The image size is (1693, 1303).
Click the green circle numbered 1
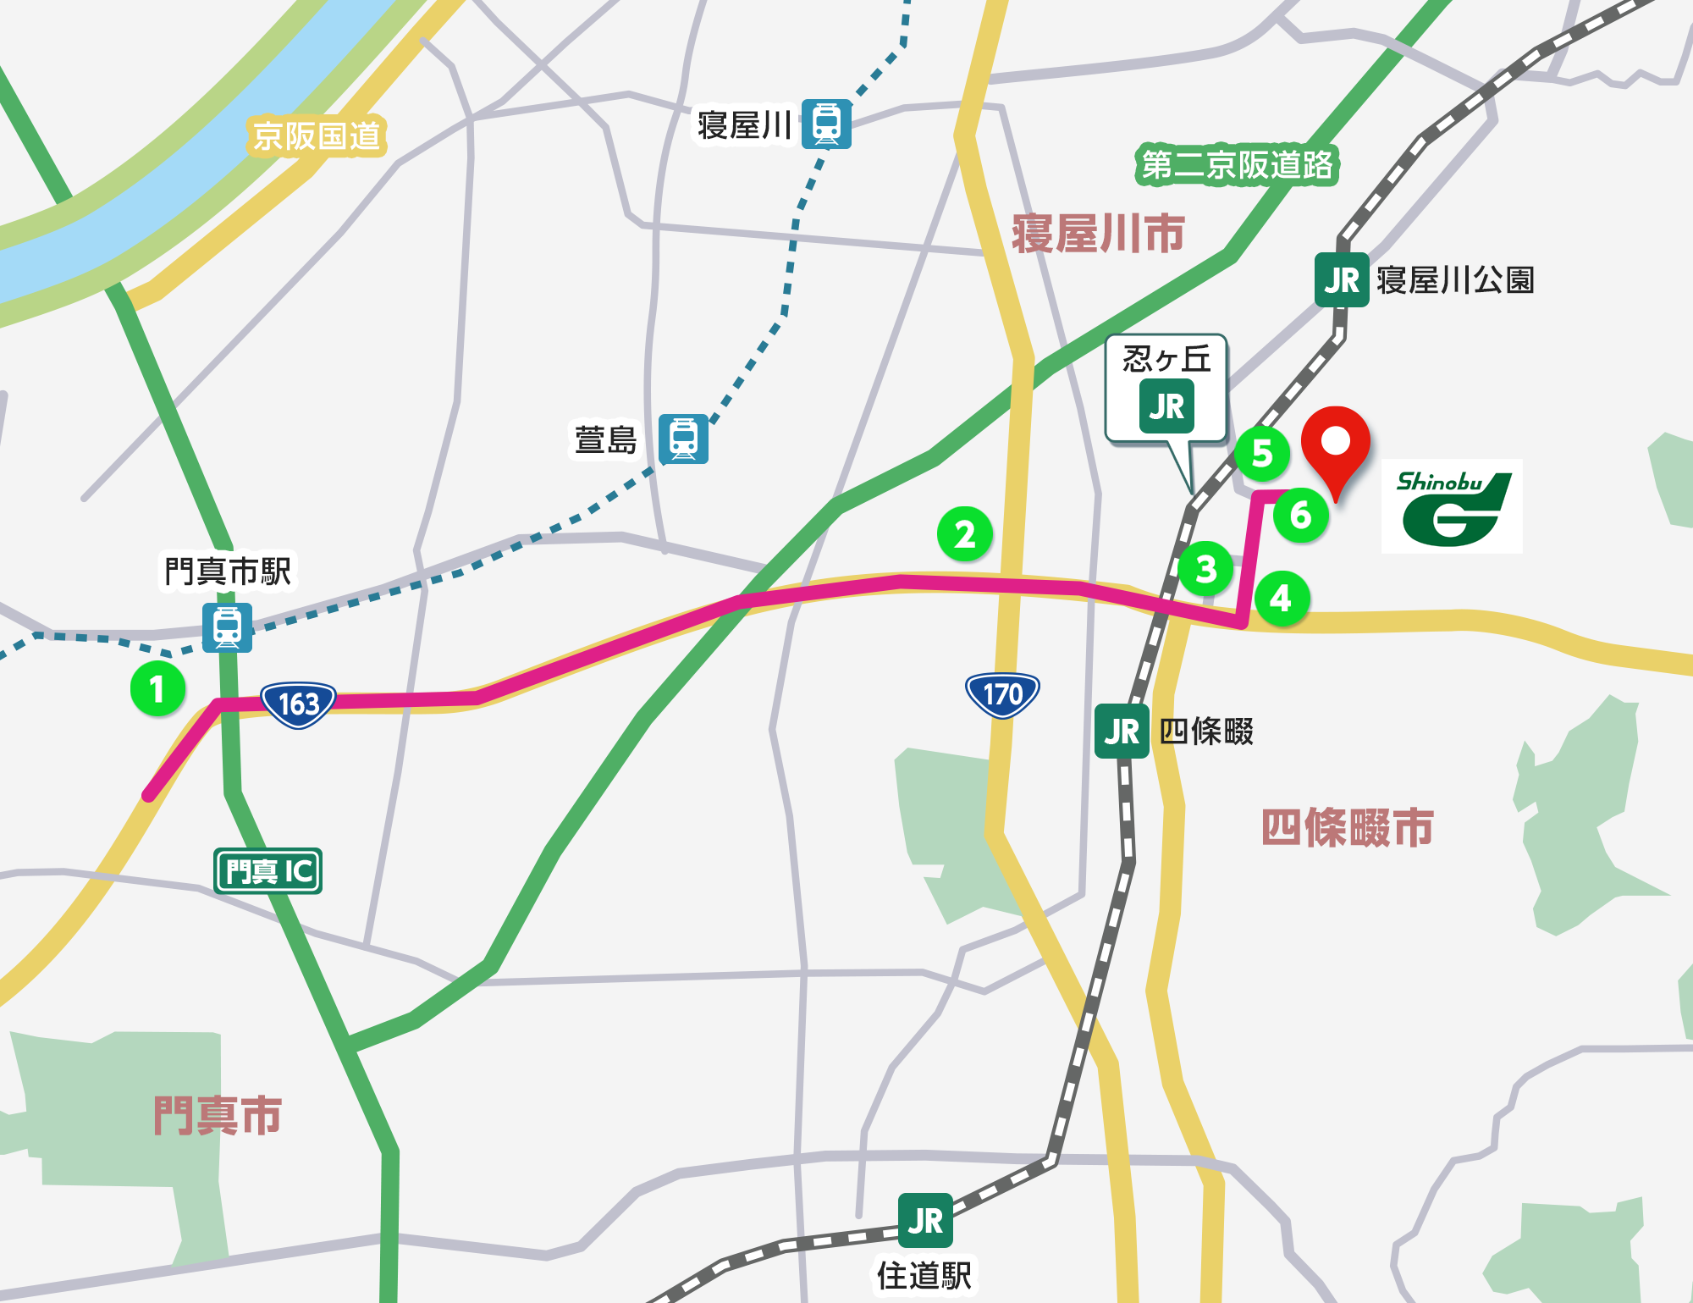tap(157, 688)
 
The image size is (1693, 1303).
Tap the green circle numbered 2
tap(965, 534)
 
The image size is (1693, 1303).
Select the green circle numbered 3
tap(1206, 569)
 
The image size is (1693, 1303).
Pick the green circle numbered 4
tap(1282, 599)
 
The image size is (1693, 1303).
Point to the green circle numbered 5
tap(1262, 453)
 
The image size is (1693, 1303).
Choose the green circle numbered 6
tap(1301, 515)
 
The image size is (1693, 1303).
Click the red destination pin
tap(1336, 444)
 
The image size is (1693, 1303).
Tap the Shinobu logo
tap(1452, 506)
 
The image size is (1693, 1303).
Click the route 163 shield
tap(298, 704)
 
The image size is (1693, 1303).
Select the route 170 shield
tap(1002, 694)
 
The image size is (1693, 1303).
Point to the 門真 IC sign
tap(268, 870)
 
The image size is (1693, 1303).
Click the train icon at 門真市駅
tap(227, 627)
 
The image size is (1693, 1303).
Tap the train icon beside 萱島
tap(683, 439)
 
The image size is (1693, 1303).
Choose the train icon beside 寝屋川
tap(826, 124)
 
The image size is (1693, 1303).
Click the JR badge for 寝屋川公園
tap(1341, 280)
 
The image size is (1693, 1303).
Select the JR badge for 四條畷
tap(1122, 732)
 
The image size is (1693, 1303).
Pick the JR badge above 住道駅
tap(925, 1220)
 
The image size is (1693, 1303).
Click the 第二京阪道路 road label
tap(1237, 164)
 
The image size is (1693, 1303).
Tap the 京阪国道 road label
tap(317, 136)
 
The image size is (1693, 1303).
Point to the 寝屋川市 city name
tap(1098, 234)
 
